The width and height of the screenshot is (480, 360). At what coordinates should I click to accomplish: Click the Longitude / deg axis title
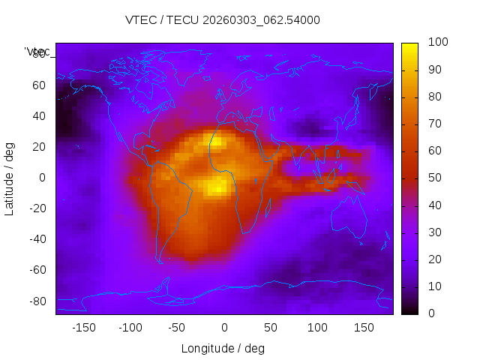pyautogui.click(x=223, y=349)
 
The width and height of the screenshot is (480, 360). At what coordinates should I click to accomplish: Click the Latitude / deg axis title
pyautogui.click(x=10, y=178)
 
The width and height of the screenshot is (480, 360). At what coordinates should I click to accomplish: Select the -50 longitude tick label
pyautogui.click(x=177, y=328)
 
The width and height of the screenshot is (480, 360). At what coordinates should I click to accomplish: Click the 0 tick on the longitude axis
pyautogui.click(x=223, y=328)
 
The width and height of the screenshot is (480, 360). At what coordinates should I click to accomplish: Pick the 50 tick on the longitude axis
pyautogui.click(x=270, y=328)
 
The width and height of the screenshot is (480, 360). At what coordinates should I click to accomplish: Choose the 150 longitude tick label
pyautogui.click(x=364, y=328)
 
